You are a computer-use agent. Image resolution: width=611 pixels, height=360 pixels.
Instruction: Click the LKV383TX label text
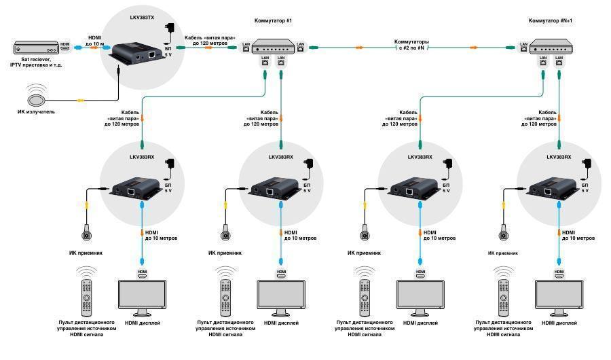(142, 18)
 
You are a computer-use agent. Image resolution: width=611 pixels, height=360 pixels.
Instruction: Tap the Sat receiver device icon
(36, 48)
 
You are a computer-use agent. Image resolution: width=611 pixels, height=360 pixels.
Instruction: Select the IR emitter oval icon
(36, 99)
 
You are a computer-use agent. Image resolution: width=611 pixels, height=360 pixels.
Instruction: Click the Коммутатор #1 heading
(273, 20)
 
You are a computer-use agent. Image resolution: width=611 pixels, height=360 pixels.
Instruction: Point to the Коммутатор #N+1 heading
(550, 20)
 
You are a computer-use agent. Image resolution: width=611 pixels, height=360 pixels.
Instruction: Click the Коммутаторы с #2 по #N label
(411, 44)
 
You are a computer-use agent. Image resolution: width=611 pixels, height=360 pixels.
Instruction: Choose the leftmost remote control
(86, 298)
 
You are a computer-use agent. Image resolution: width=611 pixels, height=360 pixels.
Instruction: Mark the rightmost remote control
(504, 298)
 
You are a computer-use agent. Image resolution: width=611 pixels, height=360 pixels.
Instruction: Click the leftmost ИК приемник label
(86, 253)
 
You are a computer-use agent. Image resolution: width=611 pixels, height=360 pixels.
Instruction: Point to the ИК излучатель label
(36, 111)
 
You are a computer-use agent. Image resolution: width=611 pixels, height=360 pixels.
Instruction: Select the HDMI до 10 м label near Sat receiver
(94, 41)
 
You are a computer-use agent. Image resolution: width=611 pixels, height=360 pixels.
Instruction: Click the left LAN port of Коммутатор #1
(246, 46)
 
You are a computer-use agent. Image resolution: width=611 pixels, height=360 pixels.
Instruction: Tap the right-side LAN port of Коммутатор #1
(300, 46)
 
